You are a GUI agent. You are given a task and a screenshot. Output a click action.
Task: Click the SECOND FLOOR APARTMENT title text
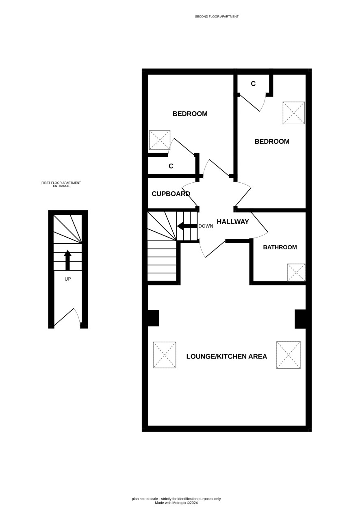217,17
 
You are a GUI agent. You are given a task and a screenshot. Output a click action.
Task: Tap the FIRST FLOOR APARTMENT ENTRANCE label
61,184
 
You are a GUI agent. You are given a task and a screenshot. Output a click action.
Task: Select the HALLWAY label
233,222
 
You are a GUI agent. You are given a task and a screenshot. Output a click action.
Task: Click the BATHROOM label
280,247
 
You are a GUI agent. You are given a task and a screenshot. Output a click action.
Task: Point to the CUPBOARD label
171,194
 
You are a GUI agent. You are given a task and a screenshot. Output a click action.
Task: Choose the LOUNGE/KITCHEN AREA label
226,356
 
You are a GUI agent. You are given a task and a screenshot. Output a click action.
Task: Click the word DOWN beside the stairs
206,226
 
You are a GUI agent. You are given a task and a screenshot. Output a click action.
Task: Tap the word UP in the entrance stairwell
67,279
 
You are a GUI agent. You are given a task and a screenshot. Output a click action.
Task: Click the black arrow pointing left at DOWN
187,226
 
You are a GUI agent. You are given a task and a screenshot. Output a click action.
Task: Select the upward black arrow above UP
67,260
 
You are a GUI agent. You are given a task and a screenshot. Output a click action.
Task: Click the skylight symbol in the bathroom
296,272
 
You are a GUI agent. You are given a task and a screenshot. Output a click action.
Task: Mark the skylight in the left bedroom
160,140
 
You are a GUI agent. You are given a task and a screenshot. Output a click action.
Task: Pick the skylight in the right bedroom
294,113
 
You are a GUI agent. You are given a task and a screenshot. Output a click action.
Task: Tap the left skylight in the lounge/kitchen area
165,355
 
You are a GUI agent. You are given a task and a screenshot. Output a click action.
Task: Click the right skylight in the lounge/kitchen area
288,355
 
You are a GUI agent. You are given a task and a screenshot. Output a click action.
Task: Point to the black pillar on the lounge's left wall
153,318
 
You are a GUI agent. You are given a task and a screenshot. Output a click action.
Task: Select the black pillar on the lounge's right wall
300,319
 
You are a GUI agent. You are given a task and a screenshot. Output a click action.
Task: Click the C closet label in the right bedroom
253,84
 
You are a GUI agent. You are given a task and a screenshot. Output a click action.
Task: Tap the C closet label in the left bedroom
171,166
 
